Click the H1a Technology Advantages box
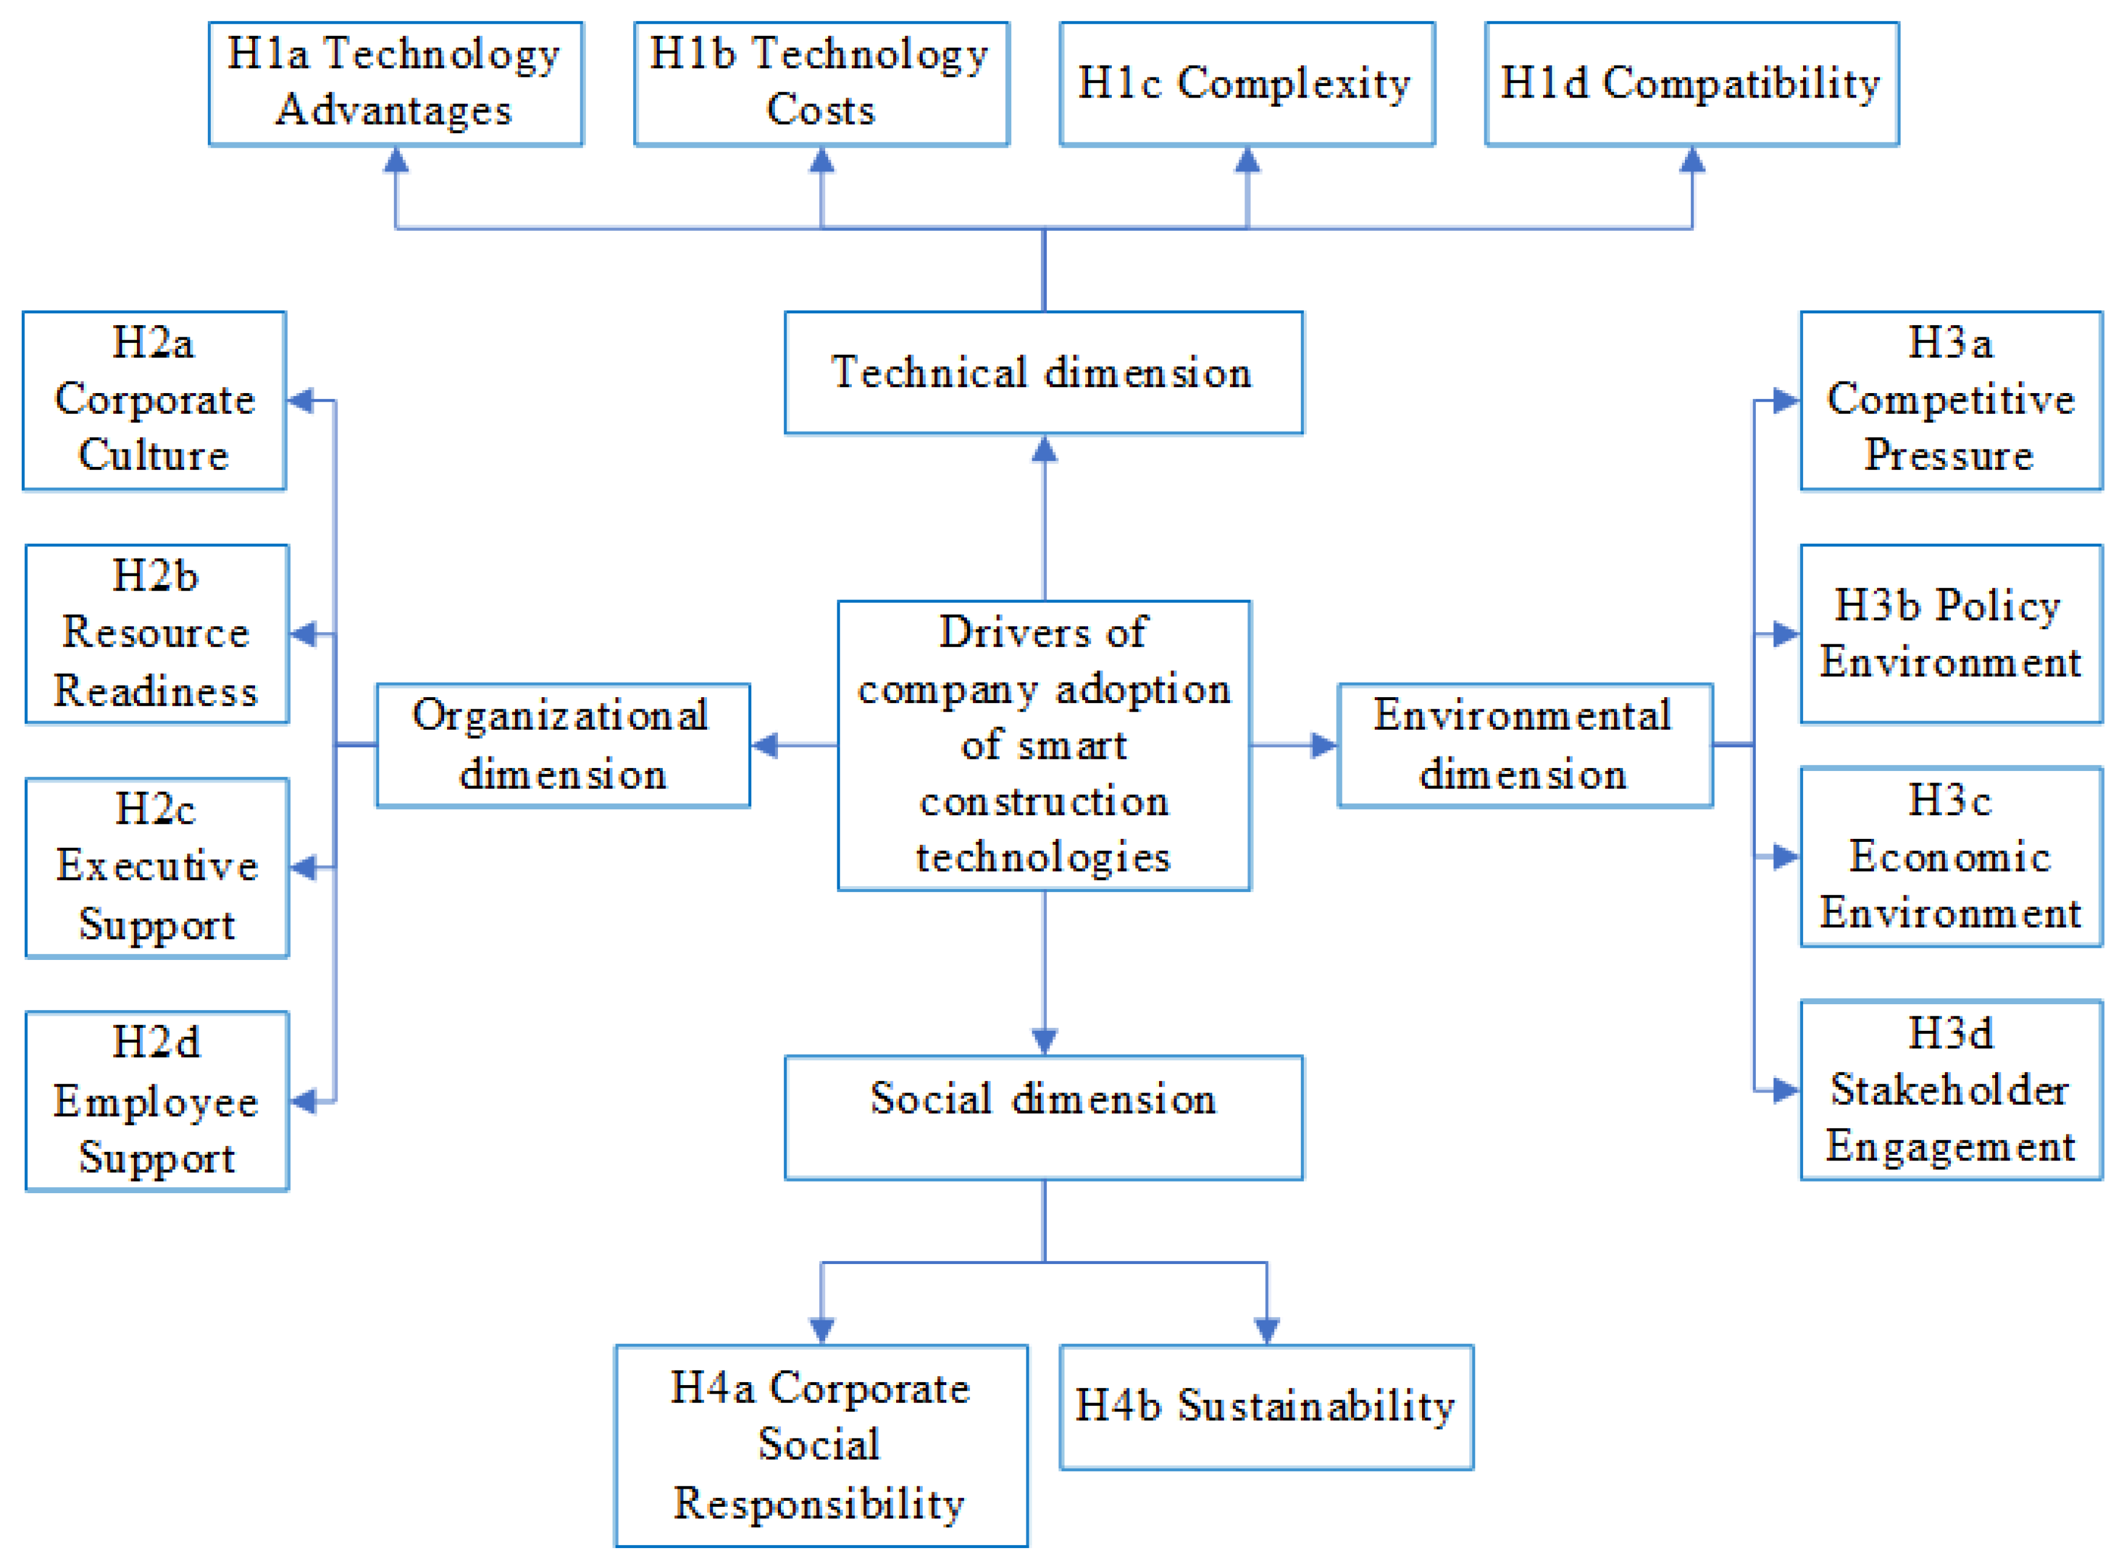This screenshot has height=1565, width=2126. [x=396, y=84]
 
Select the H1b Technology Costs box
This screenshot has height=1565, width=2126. [x=822, y=84]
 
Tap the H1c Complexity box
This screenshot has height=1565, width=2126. [x=1247, y=84]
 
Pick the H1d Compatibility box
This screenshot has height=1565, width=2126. [x=1691, y=84]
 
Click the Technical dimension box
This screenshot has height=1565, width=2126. [x=1043, y=372]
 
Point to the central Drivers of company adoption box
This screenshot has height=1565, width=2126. [x=1043, y=744]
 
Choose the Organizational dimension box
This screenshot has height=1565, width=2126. [x=563, y=744]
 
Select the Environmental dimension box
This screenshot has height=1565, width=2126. [x=1524, y=744]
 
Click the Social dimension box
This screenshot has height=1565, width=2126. [x=1043, y=1117]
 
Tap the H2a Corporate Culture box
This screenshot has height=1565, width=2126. [x=154, y=400]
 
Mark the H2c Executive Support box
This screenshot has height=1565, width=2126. [x=158, y=867]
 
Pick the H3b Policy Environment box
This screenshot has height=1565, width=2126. [x=1951, y=633]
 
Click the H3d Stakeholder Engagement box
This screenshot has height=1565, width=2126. [x=1951, y=1090]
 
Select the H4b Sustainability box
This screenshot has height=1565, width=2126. [x=1266, y=1406]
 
